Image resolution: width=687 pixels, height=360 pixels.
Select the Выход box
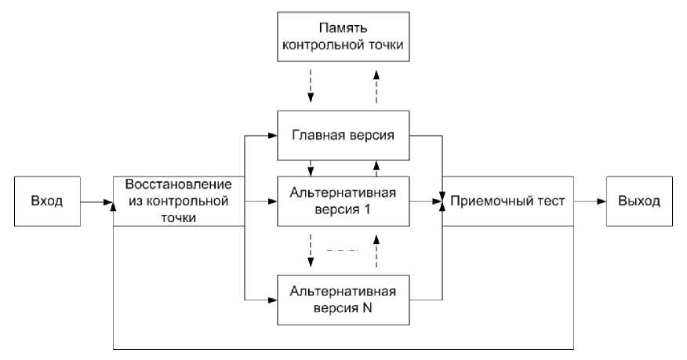(x=638, y=202)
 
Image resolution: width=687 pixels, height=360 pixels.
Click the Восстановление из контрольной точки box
(x=177, y=202)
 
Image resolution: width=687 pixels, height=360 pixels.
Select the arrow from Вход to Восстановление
(x=96, y=202)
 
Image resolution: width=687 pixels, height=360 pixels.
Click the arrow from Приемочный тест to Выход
(x=590, y=202)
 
